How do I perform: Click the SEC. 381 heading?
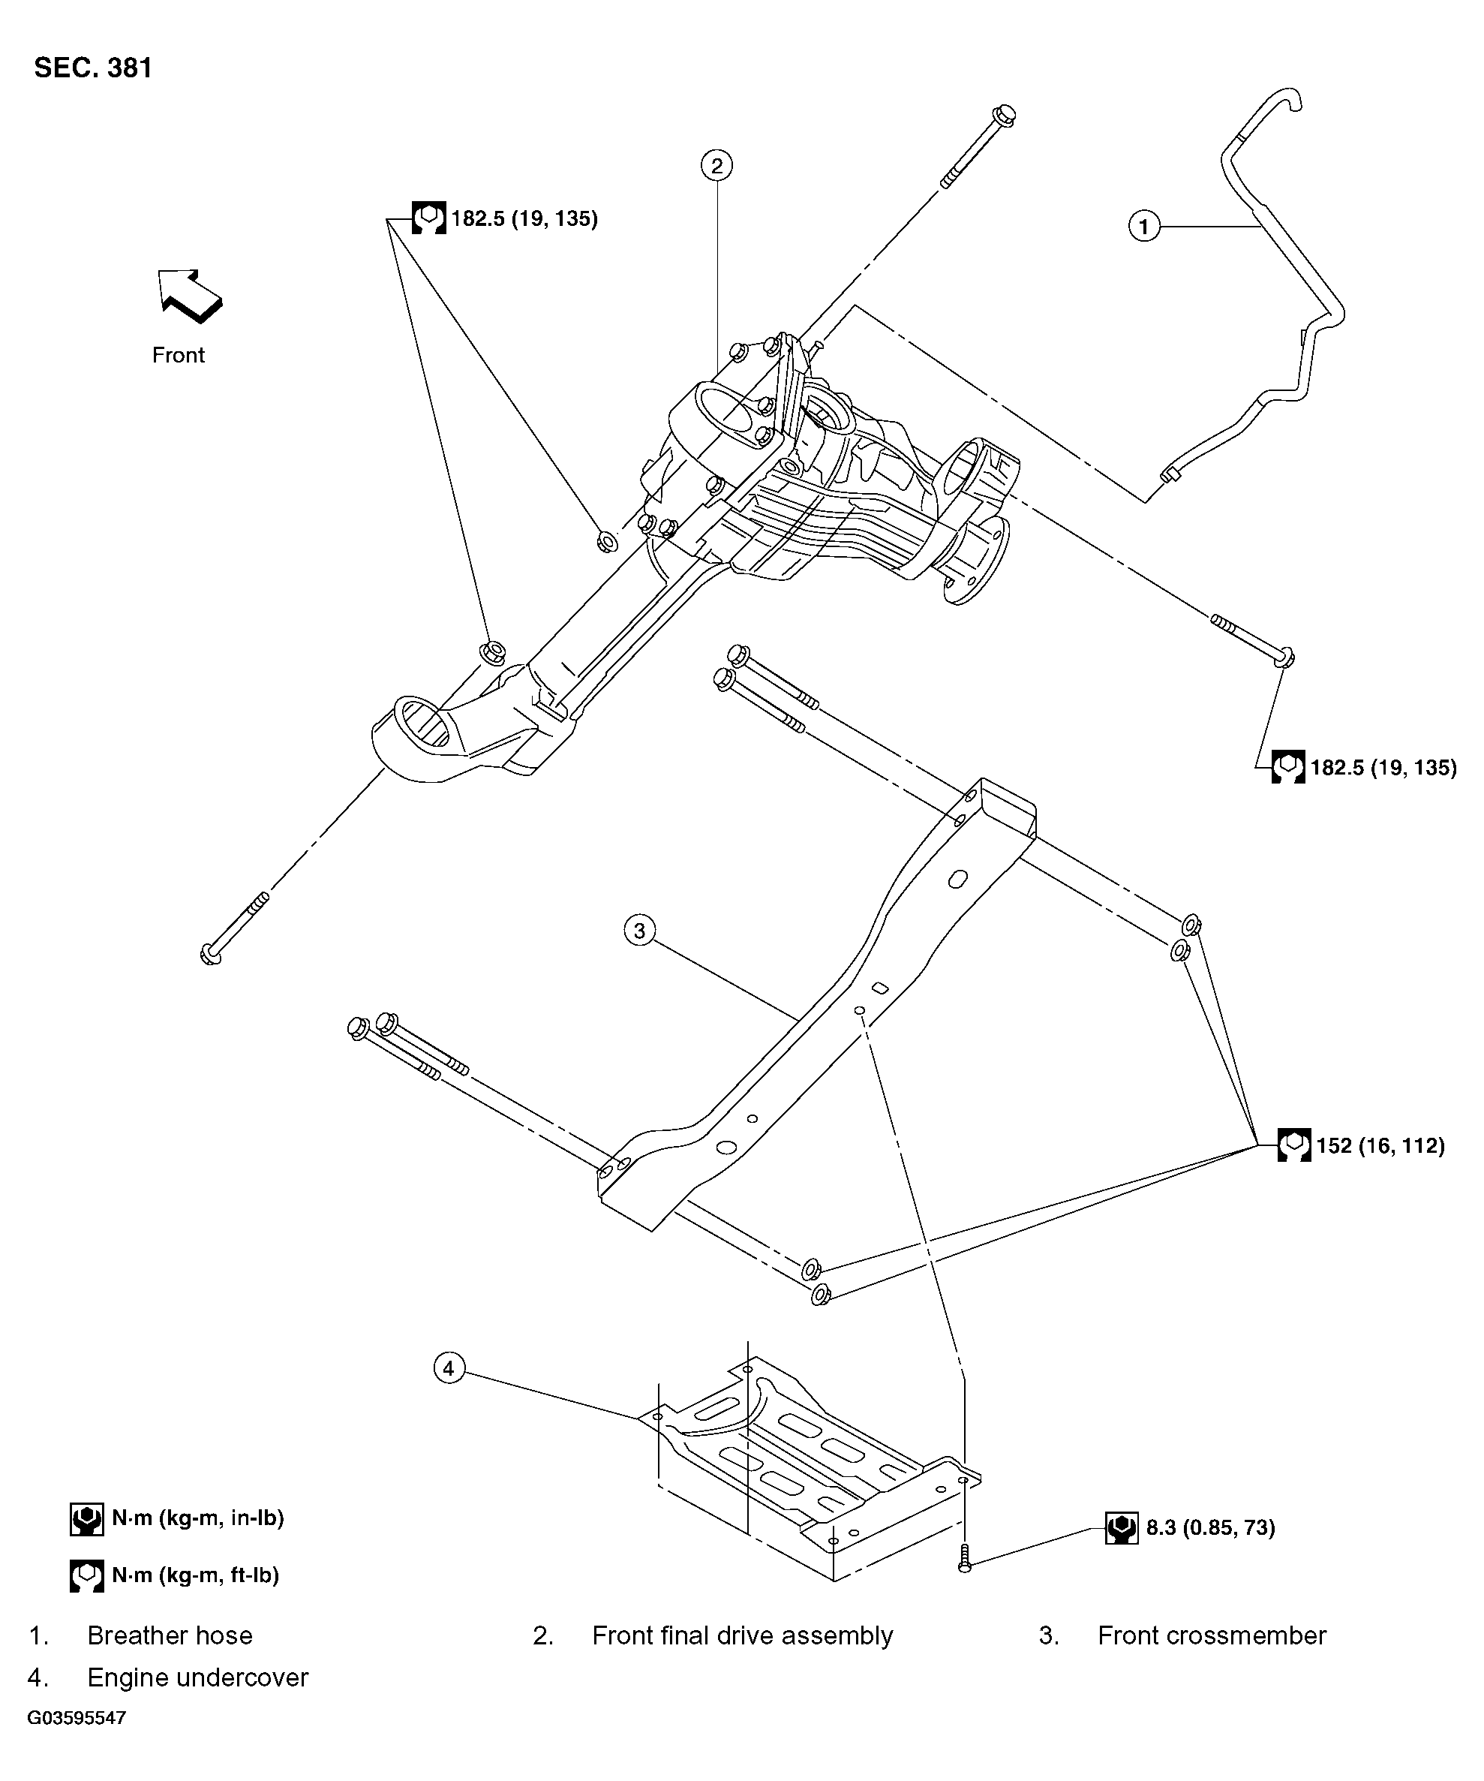[x=93, y=68]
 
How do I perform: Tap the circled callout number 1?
[x=1144, y=227]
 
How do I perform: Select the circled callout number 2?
[x=716, y=165]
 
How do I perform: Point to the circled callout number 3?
[x=639, y=931]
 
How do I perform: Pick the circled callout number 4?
[x=449, y=1367]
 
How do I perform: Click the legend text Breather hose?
[x=170, y=1635]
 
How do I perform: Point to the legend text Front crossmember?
[x=1211, y=1635]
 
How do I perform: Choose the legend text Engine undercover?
[x=197, y=1677]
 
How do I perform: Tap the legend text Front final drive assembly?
[x=742, y=1635]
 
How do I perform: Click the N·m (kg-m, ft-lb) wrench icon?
[x=86, y=1575]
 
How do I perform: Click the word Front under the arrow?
[x=178, y=354]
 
